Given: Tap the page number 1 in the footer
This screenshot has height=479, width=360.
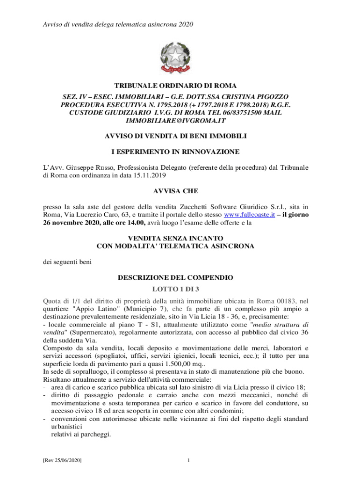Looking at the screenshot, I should tap(187, 461).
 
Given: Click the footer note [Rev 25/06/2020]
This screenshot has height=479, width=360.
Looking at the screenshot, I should tap(63, 461).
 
